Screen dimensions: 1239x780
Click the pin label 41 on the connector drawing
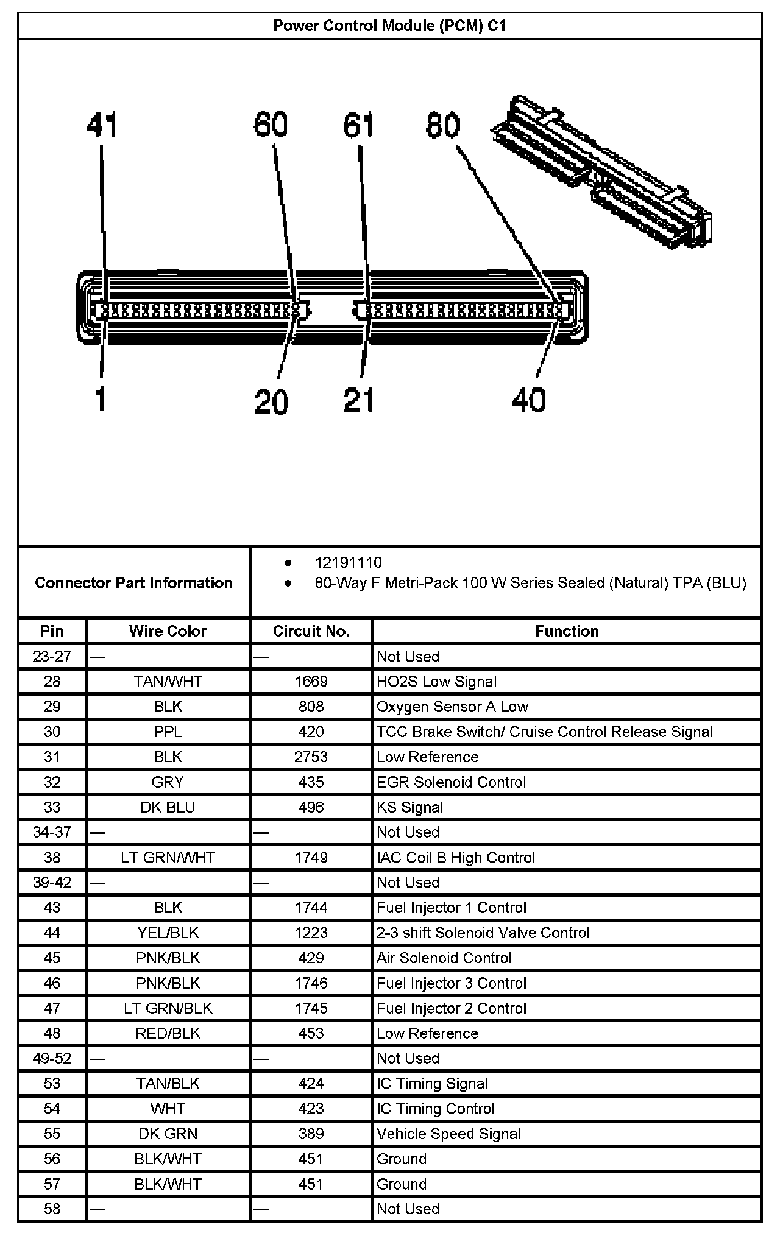(101, 125)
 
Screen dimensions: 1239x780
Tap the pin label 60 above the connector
(271, 125)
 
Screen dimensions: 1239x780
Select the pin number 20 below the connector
(271, 401)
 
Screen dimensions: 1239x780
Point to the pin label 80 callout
(443, 125)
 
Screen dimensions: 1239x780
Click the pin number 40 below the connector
(528, 400)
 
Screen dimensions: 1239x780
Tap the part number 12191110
(348, 562)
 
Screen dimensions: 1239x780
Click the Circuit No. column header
(311, 631)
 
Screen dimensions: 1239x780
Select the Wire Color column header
(168, 631)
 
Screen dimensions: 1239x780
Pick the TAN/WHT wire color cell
(168, 681)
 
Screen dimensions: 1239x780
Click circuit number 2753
(311, 757)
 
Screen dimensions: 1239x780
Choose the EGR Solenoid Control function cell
(451, 782)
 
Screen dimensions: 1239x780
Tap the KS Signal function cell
(409, 807)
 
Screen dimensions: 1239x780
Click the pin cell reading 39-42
(52, 883)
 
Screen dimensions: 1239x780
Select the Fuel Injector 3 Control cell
(451, 983)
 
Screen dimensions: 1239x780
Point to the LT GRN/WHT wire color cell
(168, 858)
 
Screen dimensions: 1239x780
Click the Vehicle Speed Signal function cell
(448, 1134)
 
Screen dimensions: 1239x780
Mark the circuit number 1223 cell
(311, 933)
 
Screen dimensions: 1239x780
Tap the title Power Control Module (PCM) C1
(389, 26)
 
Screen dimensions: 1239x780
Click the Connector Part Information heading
(133, 583)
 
